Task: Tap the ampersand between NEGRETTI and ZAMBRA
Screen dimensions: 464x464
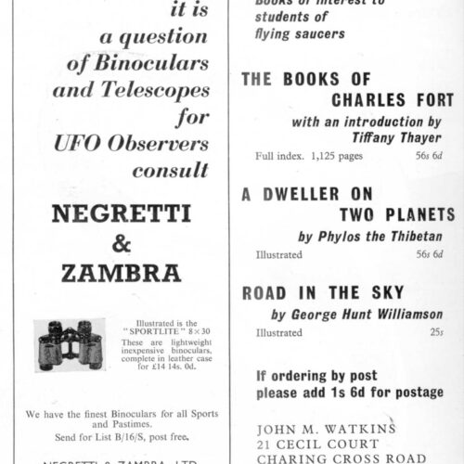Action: [x=121, y=243]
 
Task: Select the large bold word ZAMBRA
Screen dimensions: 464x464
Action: [x=121, y=275]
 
